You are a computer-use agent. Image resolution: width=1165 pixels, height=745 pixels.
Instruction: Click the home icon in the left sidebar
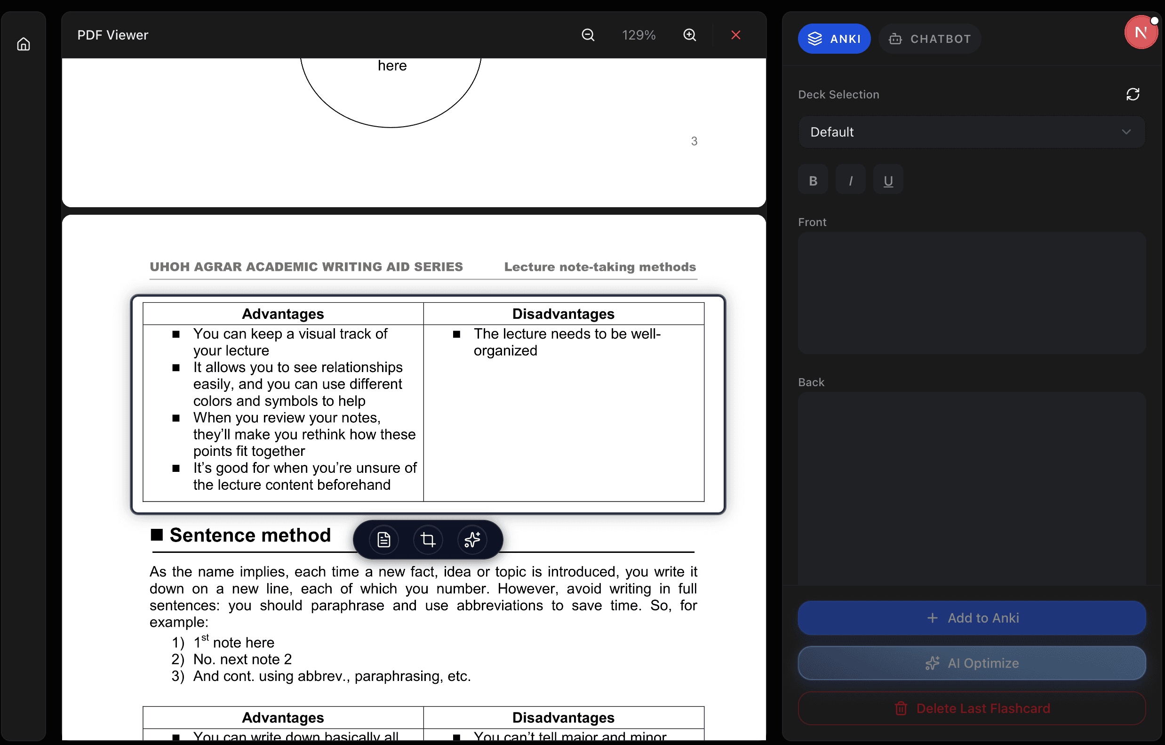click(23, 45)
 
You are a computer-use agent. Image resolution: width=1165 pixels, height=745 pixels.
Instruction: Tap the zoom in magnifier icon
click(689, 35)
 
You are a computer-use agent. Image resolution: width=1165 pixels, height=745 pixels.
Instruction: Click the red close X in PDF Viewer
click(735, 35)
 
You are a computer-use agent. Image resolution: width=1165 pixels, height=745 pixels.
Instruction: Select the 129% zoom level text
click(638, 35)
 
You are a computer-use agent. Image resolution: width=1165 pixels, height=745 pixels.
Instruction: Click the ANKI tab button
click(834, 39)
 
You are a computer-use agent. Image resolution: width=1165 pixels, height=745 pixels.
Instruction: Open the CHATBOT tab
click(929, 39)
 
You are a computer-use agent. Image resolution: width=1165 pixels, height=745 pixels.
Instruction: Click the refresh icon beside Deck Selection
click(1132, 94)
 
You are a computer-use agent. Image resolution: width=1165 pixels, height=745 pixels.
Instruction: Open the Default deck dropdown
click(971, 132)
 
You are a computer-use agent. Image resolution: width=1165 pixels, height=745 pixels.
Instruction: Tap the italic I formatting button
click(850, 180)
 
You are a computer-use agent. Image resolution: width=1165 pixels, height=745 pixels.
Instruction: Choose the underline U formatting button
click(888, 180)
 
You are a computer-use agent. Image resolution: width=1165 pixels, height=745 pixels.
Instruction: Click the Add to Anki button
click(971, 618)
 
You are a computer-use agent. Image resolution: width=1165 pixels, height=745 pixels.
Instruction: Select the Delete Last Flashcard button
click(971, 708)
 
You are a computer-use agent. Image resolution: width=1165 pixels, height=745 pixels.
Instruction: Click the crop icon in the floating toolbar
click(428, 539)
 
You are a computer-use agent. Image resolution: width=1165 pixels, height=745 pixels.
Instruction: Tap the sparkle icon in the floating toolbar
click(472, 539)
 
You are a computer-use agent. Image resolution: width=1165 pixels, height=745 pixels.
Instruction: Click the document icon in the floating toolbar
click(383, 539)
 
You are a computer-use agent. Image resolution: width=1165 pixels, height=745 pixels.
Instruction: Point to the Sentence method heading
click(250, 535)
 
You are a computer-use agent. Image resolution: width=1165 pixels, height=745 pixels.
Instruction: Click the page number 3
click(694, 141)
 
